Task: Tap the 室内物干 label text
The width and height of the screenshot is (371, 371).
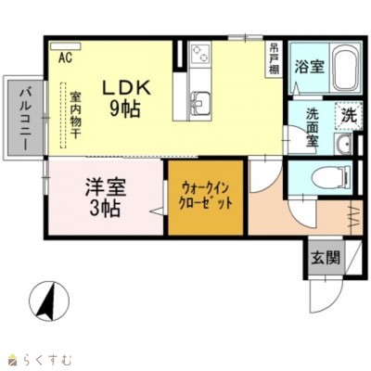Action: pyautogui.click(x=75, y=113)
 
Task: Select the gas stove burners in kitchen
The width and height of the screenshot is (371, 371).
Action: pyautogui.click(x=200, y=57)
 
